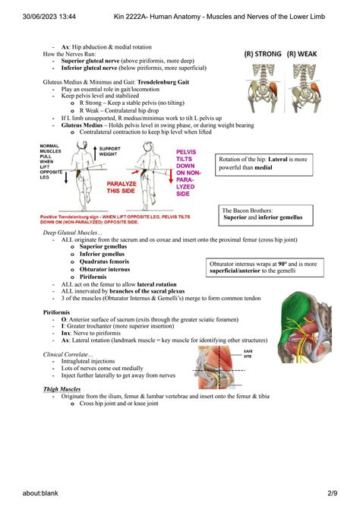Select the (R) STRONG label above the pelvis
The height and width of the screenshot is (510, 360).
click(x=263, y=54)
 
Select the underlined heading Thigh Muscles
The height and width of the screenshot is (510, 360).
click(x=62, y=389)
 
